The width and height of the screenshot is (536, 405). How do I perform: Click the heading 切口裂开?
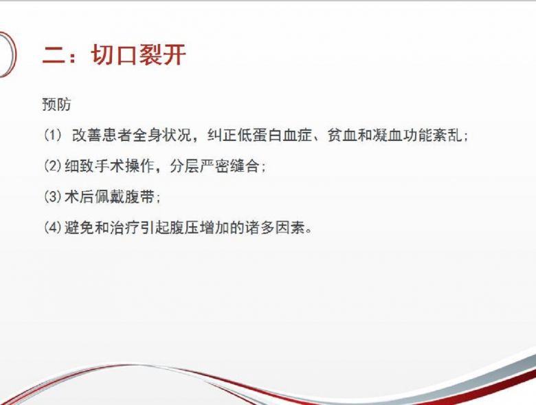tap(139, 55)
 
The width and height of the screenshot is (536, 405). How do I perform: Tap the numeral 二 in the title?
tap(54, 56)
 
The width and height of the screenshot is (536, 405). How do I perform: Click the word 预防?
tap(57, 105)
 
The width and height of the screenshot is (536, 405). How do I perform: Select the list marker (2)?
tap(53, 166)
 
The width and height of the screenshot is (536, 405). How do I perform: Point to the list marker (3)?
tap(53, 197)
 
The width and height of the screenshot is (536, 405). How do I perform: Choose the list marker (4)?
tap(53, 228)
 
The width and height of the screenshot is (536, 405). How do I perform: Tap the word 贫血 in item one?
tap(342, 135)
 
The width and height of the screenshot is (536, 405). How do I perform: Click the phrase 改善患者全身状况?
tap(132, 135)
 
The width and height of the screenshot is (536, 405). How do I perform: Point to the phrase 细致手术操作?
tap(109, 166)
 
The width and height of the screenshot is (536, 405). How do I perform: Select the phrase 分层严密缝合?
tap(214, 166)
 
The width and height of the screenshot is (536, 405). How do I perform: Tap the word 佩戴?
tap(109, 197)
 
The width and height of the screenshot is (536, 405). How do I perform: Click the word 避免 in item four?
tap(79, 228)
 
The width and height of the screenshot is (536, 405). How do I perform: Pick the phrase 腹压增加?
tap(200, 228)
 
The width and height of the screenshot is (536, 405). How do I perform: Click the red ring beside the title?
tap(14, 55)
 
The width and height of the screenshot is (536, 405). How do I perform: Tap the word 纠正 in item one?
tap(222, 135)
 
